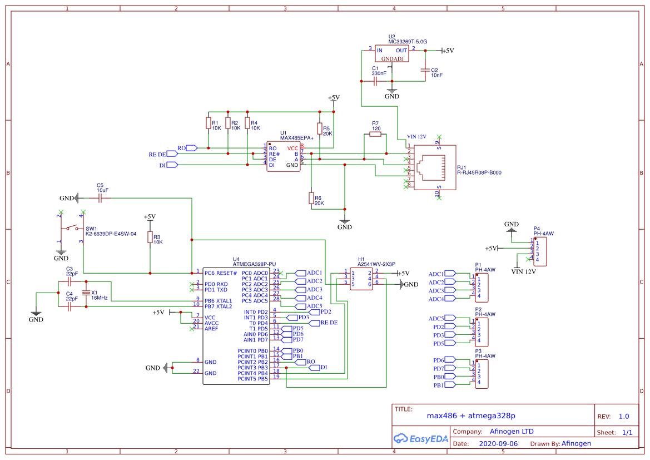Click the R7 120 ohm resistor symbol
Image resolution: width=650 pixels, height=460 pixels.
point(375,133)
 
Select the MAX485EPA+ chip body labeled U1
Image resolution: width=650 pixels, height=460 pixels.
point(283,157)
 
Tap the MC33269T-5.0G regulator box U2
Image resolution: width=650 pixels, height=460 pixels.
point(392,54)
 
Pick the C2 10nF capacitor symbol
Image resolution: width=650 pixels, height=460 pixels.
point(425,71)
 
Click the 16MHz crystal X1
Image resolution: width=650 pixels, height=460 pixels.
point(86,293)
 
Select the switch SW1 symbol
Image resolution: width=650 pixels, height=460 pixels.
point(72,227)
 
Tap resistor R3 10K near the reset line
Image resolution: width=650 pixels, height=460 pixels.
point(150,238)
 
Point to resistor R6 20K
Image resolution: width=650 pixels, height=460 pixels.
point(311,199)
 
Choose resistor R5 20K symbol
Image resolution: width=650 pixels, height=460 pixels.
point(319,130)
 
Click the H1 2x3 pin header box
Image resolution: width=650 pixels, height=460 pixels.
point(361,279)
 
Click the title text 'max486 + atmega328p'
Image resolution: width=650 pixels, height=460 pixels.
point(471,416)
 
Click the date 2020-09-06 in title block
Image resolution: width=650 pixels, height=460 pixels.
point(498,444)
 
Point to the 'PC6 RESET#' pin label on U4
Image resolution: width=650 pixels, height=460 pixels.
point(221,273)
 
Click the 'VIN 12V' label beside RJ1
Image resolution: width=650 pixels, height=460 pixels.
point(416,136)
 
